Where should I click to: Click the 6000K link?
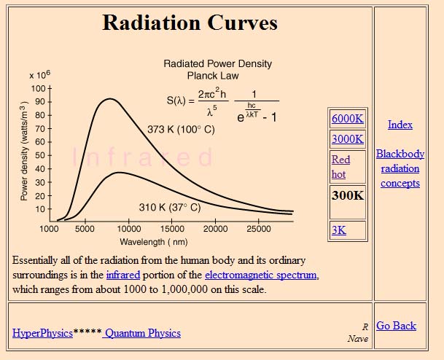pos(347,119)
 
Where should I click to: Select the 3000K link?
pos(347,138)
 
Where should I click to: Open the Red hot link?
pos(340,167)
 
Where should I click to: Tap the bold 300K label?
pos(347,195)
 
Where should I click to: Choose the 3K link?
pos(339,230)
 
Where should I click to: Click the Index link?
pos(400,125)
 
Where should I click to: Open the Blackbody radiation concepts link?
pos(400,168)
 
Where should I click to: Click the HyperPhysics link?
pos(42,333)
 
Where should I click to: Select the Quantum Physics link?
pos(143,333)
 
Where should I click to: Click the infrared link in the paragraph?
pos(122,275)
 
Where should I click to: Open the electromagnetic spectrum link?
pos(261,275)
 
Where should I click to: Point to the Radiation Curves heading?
pos(190,23)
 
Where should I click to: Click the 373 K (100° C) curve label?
pos(181,129)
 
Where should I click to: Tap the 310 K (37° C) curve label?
pos(169,207)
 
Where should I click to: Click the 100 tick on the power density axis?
pos(38,88)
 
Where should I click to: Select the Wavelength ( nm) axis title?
pos(153,241)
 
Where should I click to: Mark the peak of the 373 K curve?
pos(109,98)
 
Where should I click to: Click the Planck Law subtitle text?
pos(213,75)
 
